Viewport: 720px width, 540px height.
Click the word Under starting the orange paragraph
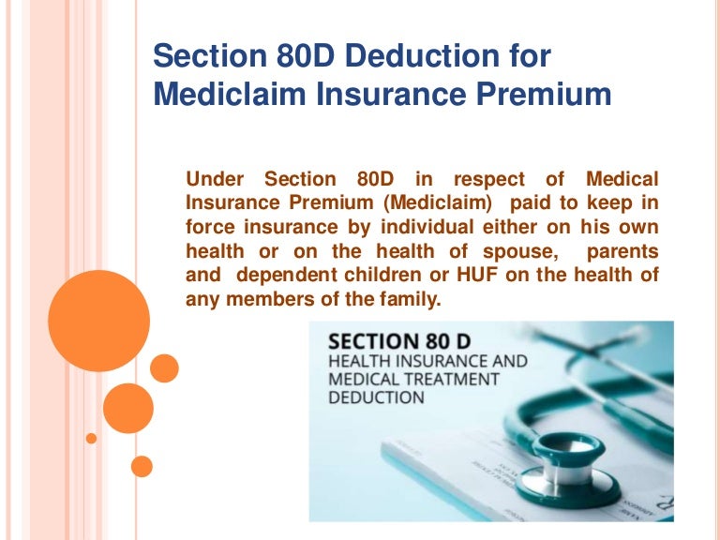217,178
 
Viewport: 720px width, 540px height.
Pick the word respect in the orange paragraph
487,178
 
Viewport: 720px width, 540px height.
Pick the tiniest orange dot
91,438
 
